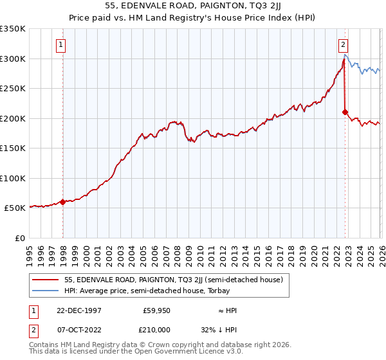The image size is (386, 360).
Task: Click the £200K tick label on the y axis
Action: click(13, 118)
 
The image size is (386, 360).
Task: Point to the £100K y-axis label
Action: click(13, 178)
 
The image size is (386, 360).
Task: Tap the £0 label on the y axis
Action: click(19, 238)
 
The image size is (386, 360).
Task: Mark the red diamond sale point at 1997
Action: click(62, 202)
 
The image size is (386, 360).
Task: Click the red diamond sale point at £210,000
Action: click(345, 113)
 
